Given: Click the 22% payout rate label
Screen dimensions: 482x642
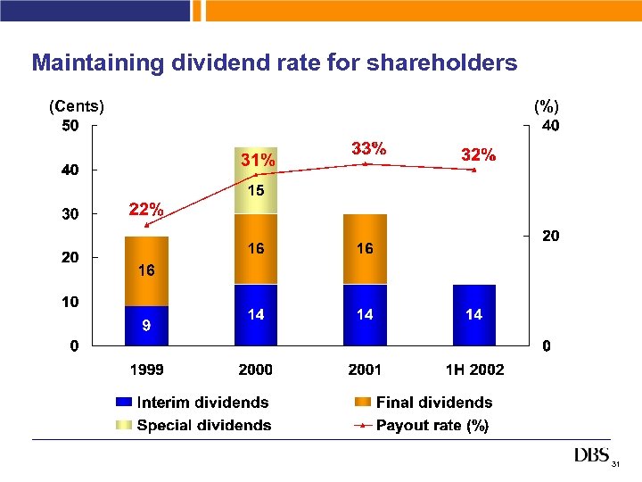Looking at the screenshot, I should [x=146, y=210].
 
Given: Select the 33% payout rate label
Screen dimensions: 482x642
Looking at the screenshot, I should [x=369, y=148].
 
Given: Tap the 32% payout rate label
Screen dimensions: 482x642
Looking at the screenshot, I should [x=478, y=154].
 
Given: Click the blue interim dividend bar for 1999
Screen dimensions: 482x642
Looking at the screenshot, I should [x=146, y=326].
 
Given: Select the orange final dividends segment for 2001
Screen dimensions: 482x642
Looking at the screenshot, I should [x=365, y=249].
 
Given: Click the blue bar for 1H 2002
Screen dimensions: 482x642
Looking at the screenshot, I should [x=473, y=314].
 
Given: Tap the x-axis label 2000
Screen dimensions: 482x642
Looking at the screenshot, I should [x=256, y=370].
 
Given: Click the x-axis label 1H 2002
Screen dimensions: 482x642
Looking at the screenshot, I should [x=474, y=370].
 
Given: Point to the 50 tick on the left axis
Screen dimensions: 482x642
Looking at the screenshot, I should [x=70, y=126].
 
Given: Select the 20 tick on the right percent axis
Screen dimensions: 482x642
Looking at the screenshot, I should [x=551, y=237].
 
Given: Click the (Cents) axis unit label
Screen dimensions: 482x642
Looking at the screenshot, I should [x=77, y=106].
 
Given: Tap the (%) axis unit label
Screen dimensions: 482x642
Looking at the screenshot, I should [x=546, y=106].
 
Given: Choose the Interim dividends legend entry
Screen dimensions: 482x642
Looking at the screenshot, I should [x=191, y=403].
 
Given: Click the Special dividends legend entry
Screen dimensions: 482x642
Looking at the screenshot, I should [x=193, y=426].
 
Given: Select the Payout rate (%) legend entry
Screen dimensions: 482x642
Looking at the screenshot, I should [x=421, y=426].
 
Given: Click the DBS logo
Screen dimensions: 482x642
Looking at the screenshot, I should [x=591, y=456].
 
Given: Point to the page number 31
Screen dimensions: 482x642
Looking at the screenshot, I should [x=615, y=465].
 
